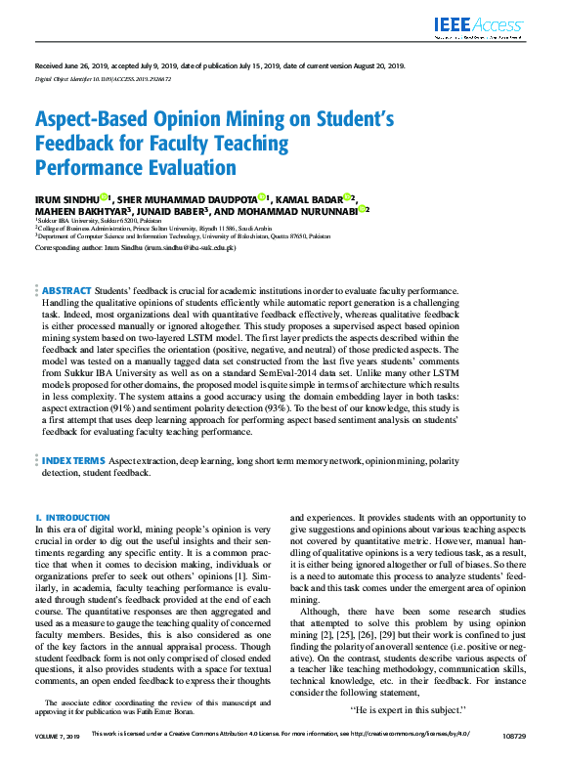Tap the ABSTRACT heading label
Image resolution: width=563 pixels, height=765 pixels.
point(66,291)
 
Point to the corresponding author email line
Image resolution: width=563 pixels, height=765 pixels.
point(135,248)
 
